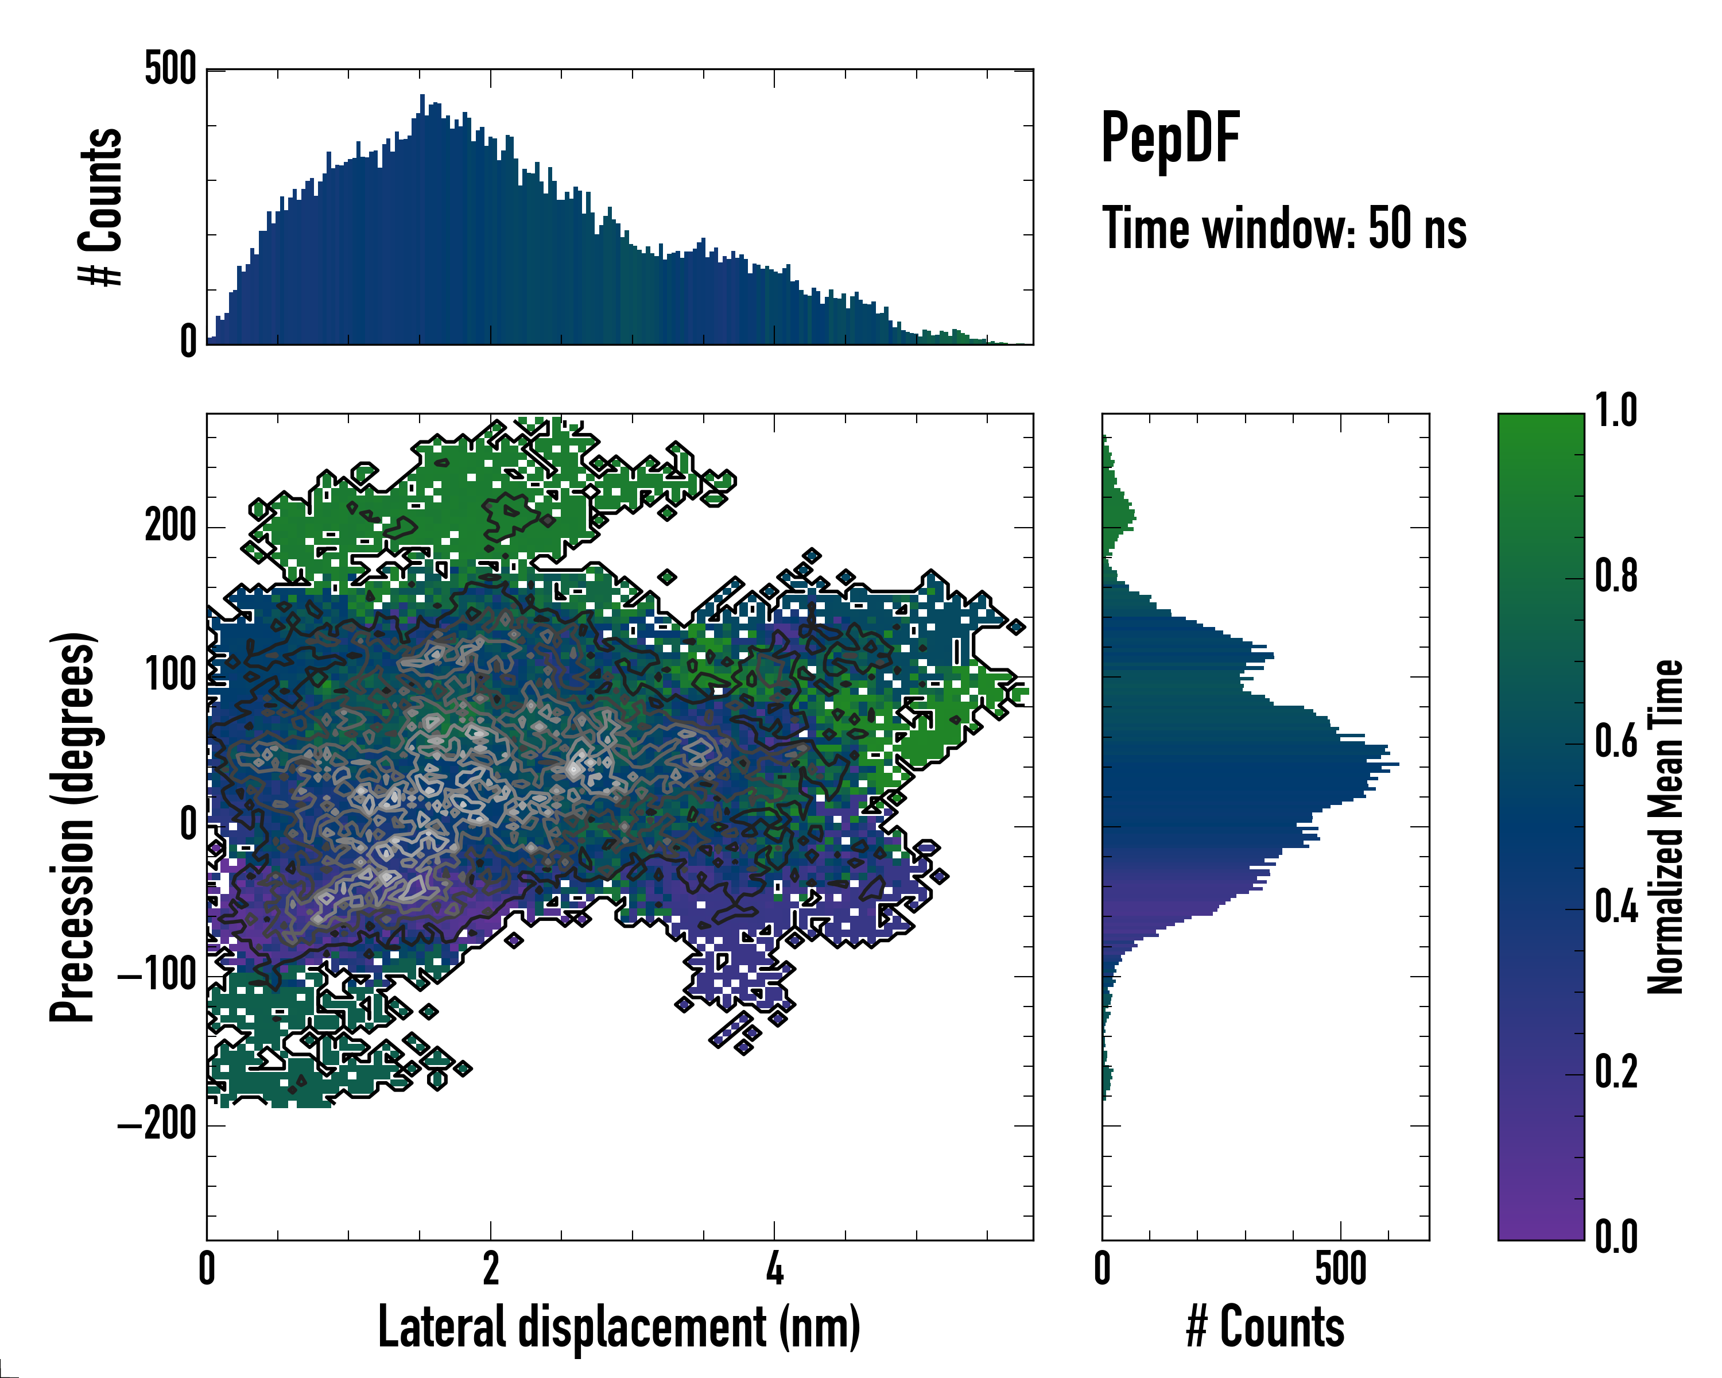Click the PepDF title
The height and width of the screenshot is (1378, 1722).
pos(1169,139)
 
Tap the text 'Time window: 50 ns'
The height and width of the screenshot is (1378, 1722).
pos(1283,229)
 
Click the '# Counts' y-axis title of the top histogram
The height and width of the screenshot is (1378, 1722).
pos(100,206)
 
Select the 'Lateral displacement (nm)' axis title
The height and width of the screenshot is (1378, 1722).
pos(619,1327)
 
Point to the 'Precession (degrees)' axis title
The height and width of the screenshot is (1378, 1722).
pos(73,827)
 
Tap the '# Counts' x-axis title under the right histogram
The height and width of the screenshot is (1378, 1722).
pos(1265,1327)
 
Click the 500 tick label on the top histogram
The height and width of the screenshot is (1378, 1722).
pos(170,69)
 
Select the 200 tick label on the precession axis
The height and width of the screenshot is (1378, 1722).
pos(170,527)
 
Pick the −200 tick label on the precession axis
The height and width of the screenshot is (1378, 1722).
pos(157,1125)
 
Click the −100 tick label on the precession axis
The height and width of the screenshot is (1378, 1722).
pos(157,976)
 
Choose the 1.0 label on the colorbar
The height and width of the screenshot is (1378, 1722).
pos(1616,412)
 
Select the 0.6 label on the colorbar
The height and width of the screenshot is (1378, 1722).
pos(1616,742)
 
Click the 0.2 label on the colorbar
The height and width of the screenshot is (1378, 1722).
pos(1616,1073)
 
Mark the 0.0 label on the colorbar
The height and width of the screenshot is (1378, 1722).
pos(1616,1237)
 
